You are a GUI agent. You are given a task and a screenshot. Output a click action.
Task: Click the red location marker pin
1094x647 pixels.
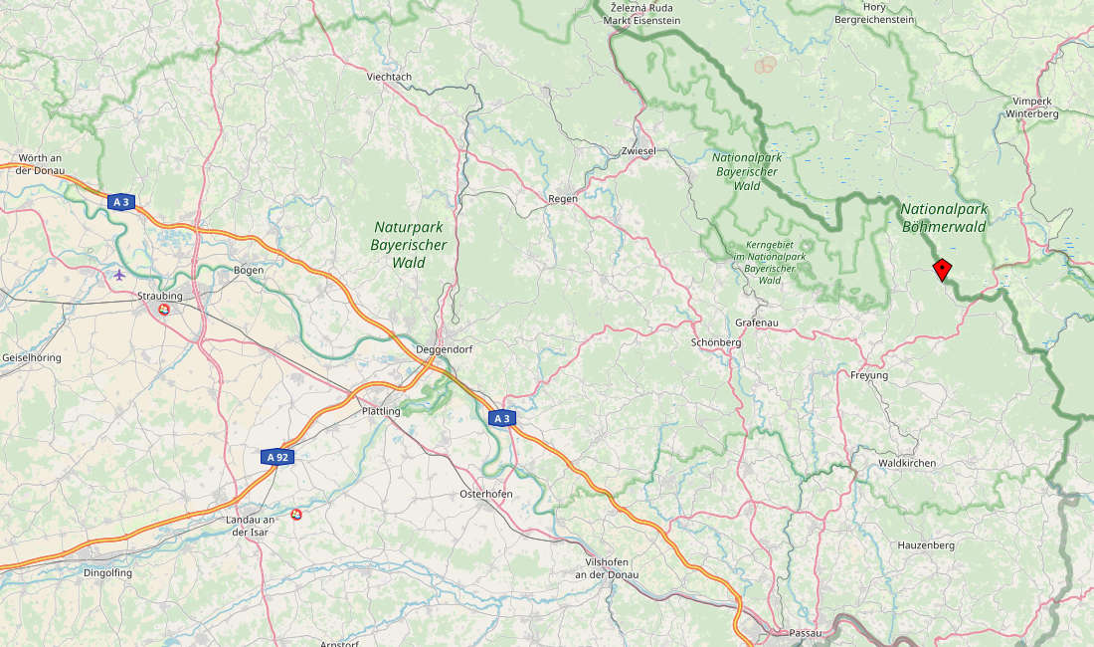click(x=942, y=269)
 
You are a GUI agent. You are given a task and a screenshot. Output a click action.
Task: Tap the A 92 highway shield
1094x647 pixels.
click(x=277, y=457)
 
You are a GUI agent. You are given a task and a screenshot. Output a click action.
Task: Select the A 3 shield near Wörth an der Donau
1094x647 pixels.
click(x=121, y=202)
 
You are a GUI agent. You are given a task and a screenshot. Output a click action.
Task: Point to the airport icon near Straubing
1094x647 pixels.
click(x=120, y=274)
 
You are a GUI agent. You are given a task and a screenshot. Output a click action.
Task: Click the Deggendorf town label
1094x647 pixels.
click(x=441, y=349)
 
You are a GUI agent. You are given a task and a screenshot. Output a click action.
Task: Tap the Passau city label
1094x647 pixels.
click(x=804, y=633)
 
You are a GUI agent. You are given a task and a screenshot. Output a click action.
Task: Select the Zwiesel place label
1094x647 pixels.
click(x=638, y=151)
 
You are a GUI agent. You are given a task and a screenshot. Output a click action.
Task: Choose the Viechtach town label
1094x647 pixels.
click(x=389, y=77)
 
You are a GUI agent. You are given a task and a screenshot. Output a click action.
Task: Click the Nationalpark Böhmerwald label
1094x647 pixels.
click(x=943, y=218)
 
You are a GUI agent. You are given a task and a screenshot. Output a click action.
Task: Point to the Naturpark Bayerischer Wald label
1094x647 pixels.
click(x=409, y=245)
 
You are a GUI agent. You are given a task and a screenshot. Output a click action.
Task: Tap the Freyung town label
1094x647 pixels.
click(x=869, y=375)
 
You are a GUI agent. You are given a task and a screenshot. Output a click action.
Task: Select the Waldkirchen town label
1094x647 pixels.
click(x=907, y=463)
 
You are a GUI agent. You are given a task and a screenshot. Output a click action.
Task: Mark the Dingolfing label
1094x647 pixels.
click(x=107, y=572)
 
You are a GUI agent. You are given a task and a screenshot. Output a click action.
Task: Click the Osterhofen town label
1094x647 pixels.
click(x=485, y=495)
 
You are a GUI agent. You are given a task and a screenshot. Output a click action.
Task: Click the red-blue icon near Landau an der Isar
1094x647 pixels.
click(x=296, y=514)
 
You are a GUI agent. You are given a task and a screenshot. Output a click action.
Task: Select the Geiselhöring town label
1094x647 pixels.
click(x=32, y=356)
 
